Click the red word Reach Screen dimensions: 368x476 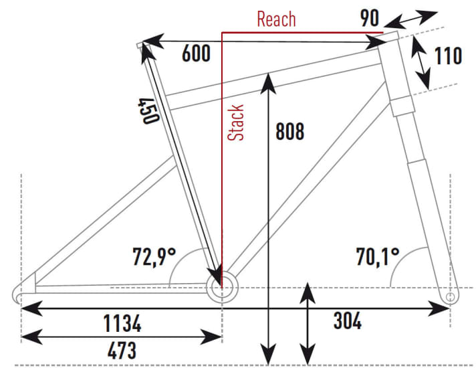pos(276,19)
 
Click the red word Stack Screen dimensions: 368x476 pos(236,122)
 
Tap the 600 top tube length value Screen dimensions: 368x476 pos(196,54)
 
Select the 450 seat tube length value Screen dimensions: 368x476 pos(148,110)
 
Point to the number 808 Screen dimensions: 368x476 pos(289,131)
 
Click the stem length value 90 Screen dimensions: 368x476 pos(370,18)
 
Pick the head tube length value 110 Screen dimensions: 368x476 pos(448,56)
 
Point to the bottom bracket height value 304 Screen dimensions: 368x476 pos(347,322)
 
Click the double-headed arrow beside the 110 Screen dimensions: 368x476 pos(421,62)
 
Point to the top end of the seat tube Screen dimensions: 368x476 pos(141,45)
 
